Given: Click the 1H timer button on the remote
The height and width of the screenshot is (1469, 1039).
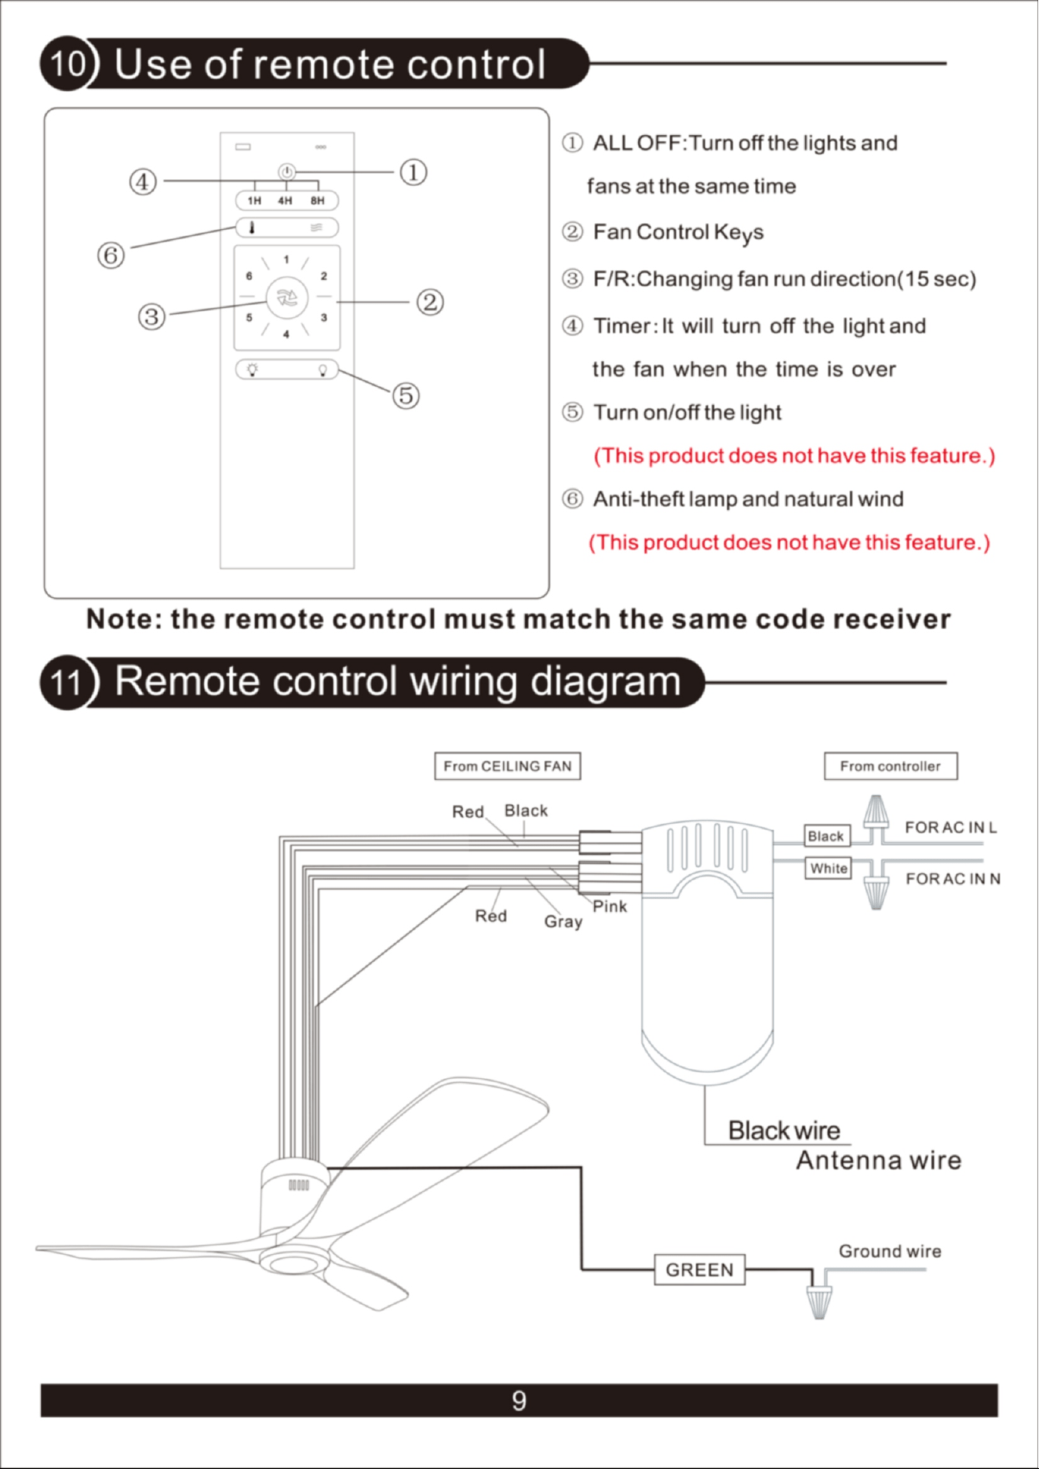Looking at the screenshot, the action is pos(254,201).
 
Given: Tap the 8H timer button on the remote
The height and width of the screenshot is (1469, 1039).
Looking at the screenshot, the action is pos(317,201).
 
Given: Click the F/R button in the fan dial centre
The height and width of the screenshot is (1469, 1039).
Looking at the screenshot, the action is pos(287,298).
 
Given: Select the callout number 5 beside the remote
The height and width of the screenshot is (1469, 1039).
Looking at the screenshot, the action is pos(406,395).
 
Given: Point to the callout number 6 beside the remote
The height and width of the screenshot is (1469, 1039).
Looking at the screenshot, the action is pos(111,254).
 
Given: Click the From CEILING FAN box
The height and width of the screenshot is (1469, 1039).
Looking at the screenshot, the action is pos(508,766).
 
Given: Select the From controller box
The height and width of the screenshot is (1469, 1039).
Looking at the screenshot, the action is pos(891,766).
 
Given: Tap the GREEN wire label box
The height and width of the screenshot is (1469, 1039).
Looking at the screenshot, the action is pos(700,1270).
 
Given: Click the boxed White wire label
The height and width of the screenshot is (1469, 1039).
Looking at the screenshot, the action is pos(829,868).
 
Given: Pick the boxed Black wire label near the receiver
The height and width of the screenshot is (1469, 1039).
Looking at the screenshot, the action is pos(826,837).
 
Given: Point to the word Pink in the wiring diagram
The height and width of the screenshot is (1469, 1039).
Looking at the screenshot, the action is pos(610,906).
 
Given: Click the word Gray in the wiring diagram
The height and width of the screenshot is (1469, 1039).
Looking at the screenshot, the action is pos(563,922).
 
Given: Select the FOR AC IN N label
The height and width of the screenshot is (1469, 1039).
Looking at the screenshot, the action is pos(953,879).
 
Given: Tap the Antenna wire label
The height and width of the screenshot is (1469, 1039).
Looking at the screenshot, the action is pos(879,1160).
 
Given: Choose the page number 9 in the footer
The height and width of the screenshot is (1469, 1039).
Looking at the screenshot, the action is pos(519,1401).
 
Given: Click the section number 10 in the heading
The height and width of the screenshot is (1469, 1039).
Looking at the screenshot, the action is pos(67,63).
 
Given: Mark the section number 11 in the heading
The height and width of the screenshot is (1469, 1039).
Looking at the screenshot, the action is pos(67,682).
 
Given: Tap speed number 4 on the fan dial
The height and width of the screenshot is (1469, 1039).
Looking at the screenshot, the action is pos(286,334).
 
